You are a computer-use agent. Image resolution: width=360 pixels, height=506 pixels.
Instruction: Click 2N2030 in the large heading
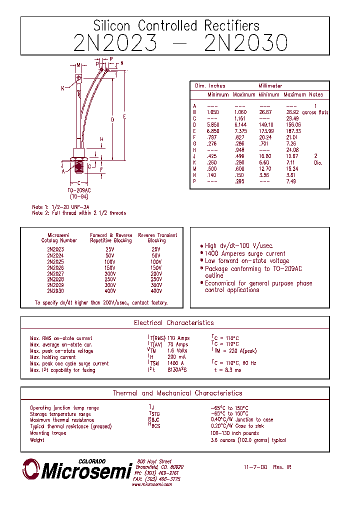pos(246,43)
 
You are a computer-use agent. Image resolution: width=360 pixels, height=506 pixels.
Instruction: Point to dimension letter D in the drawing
pos(112,119)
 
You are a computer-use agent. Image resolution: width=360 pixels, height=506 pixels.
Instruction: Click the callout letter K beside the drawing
pos(63,88)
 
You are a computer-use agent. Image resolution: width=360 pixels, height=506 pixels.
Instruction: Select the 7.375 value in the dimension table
pos(240,131)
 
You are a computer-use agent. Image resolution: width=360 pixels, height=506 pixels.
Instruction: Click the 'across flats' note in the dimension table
pos(315,112)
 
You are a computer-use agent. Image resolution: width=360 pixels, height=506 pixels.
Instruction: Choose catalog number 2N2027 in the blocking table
pos(55,274)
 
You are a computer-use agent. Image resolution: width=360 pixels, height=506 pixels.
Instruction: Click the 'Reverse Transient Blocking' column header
pos(157,237)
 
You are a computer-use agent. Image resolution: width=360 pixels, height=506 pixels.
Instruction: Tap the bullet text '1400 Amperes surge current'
pos(245,253)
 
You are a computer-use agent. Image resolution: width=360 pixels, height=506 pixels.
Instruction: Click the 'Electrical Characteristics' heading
pos(173,323)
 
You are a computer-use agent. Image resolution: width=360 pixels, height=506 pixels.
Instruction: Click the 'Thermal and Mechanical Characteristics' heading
pos(177,393)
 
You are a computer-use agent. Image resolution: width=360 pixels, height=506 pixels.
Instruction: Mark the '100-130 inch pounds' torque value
pos(234,433)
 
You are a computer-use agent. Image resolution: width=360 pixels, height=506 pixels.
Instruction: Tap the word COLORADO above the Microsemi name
pos(92,461)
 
